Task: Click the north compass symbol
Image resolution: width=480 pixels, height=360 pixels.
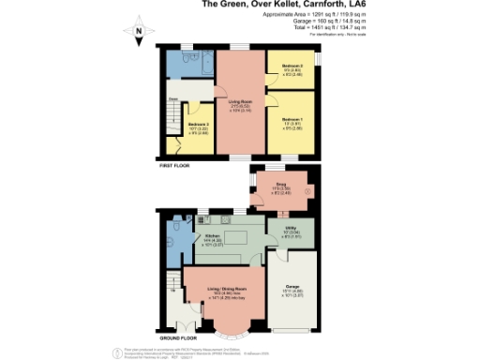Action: click(x=138, y=33)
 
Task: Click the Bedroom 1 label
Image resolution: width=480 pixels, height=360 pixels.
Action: click(x=292, y=123)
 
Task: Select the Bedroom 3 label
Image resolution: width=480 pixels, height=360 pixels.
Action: click(x=197, y=127)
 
